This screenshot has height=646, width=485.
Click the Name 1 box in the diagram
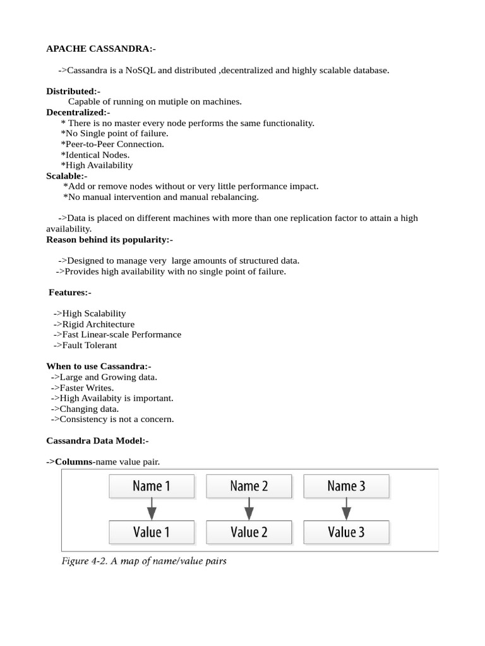coord(152,486)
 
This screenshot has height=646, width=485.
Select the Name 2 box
coord(249,486)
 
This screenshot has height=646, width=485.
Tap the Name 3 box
coord(346,486)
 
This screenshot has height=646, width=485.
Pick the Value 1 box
coord(152,532)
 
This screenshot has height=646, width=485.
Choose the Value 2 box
coord(249,532)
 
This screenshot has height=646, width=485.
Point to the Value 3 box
coord(346,532)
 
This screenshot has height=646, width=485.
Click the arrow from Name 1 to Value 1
coord(152,508)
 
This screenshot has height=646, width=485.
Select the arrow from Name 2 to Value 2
coord(249,508)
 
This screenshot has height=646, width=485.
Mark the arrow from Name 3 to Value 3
coord(346,508)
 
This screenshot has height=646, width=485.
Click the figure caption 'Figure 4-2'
coord(144,560)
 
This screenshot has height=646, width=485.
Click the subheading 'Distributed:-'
coord(73,91)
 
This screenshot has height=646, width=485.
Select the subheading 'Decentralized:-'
coord(78,112)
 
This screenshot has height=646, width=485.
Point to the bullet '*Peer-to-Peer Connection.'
coord(112,144)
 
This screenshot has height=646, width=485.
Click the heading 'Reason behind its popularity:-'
coord(109,240)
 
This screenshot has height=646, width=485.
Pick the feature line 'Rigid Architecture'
coord(94,324)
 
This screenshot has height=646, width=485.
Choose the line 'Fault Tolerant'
coord(85,345)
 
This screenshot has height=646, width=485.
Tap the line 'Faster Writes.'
coord(82,387)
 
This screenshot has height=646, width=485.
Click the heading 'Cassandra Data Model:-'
coord(97,440)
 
